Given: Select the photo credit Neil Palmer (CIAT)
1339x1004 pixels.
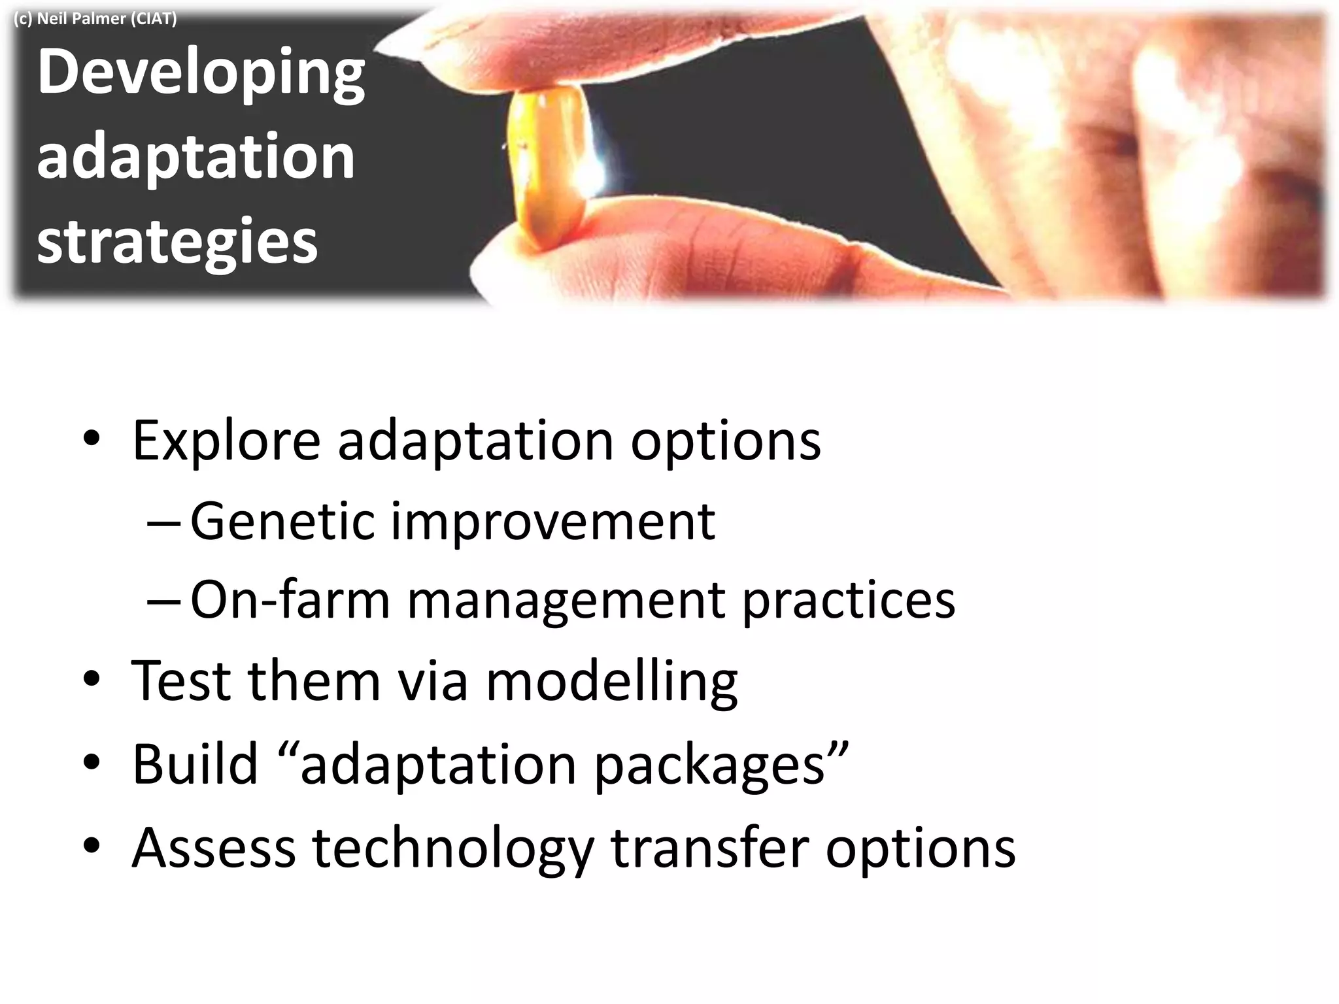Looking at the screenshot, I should coord(95,18).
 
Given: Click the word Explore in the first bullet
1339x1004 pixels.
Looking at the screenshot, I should coord(226,441).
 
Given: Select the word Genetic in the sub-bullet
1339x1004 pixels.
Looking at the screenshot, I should coord(282,522).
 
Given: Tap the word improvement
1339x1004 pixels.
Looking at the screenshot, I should coord(552,523).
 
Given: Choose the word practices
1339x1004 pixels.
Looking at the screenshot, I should coord(849,601).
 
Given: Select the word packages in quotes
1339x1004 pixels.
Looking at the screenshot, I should coord(709,766).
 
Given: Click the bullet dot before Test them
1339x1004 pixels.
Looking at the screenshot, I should coord(92,680).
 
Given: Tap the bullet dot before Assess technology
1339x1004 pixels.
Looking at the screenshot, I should coord(92,846).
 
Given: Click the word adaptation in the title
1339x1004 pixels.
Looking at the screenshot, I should coord(195,157).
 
